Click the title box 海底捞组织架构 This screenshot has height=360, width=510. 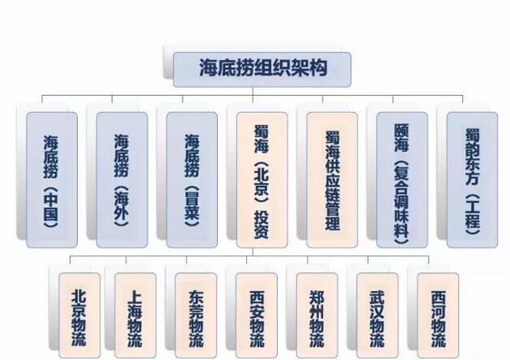tap(262, 68)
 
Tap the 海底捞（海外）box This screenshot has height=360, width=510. tap(122, 179)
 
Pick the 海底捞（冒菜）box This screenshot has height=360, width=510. tap(192, 179)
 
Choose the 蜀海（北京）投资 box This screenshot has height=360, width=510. tap(261, 179)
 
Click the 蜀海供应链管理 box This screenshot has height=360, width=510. tap(331, 179)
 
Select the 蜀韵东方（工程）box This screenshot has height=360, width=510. tap(472, 179)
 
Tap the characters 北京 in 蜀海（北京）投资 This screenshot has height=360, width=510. tap(261, 180)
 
